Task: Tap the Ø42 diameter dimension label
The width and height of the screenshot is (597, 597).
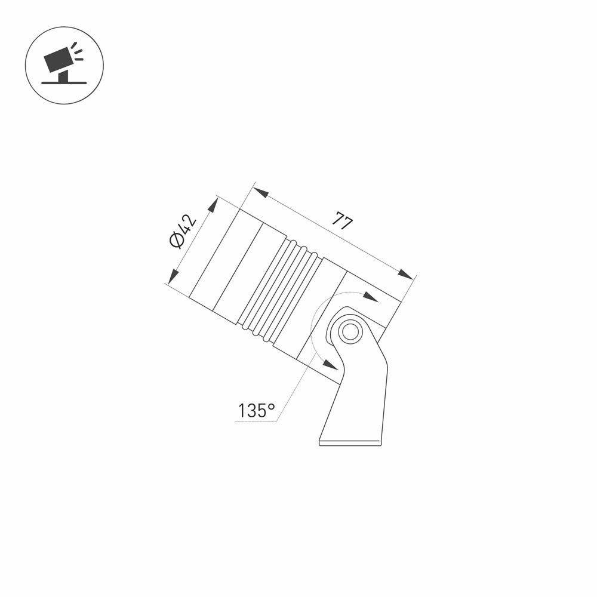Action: (183, 232)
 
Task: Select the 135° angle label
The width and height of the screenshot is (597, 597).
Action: (256, 411)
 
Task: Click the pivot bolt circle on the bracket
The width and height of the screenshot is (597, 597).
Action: (350, 331)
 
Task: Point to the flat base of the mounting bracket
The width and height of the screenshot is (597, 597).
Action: (350, 444)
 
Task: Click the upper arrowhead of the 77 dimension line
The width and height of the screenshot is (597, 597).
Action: (261, 192)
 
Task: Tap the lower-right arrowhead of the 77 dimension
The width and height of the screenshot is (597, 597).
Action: (405, 274)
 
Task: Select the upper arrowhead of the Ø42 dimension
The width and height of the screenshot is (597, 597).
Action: (213, 205)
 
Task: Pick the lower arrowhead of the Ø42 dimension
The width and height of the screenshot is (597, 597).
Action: (173, 276)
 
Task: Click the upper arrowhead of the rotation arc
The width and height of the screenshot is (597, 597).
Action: (371, 297)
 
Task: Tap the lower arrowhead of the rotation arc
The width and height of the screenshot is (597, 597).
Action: (330, 364)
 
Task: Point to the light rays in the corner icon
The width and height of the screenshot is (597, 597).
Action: (78, 51)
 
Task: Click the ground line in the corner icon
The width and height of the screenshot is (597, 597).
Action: (64, 82)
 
